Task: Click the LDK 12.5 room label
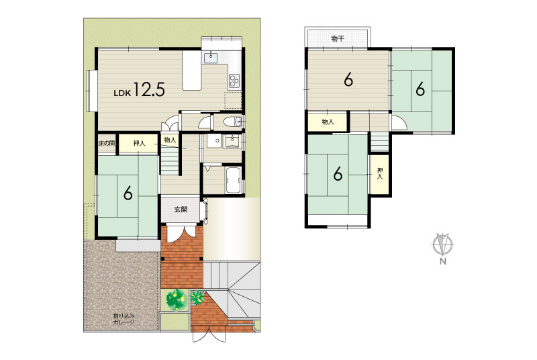click(140, 90)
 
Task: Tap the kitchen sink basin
click(211, 58)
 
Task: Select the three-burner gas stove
click(234, 81)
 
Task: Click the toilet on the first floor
click(232, 122)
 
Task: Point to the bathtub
click(234, 180)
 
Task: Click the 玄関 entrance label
click(181, 210)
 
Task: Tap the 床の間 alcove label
click(107, 143)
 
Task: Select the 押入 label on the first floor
click(139, 143)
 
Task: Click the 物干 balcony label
click(338, 38)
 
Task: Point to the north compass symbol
click(442, 244)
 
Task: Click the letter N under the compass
click(443, 262)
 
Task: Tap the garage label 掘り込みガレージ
click(124, 319)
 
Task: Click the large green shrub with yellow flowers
click(176, 300)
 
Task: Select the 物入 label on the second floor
click(328, 122)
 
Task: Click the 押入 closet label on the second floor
click(379, 174)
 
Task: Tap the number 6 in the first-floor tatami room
click(128, 193)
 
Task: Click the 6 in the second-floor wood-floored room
click(348, 80)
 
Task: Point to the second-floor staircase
click(379, 142)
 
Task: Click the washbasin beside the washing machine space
click(232, 140)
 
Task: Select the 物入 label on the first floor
click(170, 140)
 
